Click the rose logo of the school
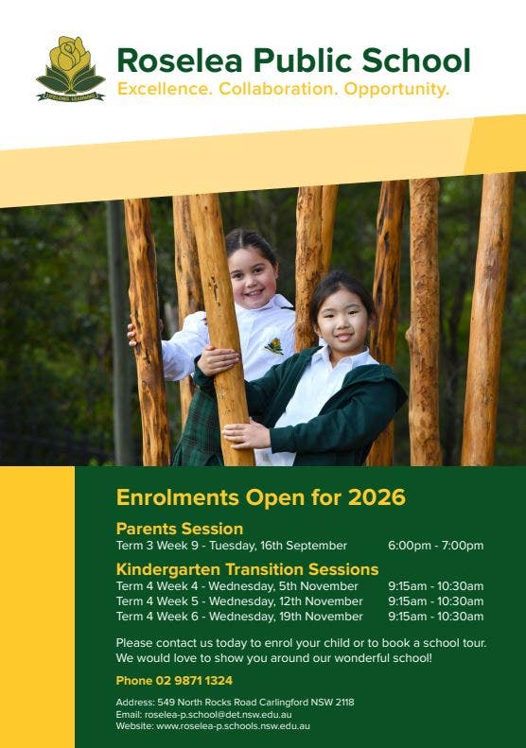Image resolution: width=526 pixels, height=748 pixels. coord(70,68)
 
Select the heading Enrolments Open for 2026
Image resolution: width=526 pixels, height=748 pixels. coord(260,497)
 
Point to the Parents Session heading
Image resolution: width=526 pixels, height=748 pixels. coord(180,529)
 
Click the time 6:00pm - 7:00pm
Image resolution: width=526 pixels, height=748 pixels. coord(435,546)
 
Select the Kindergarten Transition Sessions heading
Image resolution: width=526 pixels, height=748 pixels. coord(247,569)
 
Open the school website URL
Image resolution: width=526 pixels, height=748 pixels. coord(233,726)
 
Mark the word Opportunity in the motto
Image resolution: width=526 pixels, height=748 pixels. coord(396,90)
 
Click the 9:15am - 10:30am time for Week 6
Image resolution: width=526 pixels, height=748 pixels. coord(435,617)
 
